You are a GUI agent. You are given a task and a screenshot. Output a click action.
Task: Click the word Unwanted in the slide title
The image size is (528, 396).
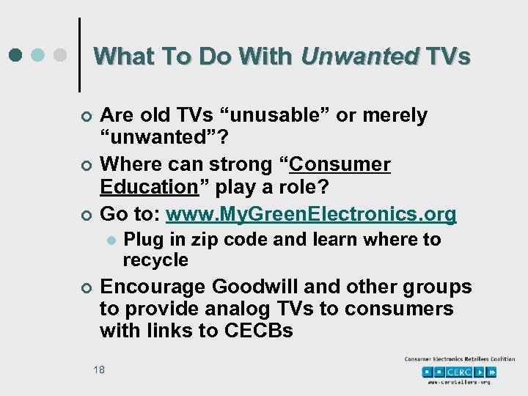pos(359,56)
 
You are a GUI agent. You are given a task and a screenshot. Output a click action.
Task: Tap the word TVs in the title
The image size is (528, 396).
pos(448,56)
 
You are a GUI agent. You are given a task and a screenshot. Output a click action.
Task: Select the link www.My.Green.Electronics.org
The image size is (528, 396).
pos(311,214)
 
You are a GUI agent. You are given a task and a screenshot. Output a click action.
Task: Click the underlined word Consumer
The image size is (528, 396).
pos(340,165)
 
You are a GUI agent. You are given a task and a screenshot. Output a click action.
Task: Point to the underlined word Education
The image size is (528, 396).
pos(149,186)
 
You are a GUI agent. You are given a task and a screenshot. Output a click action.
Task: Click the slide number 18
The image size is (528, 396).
pos(99,370)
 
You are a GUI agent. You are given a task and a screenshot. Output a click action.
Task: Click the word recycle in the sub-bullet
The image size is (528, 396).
pos(155,260)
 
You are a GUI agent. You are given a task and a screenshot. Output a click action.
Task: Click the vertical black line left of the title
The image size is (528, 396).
pos(79,55)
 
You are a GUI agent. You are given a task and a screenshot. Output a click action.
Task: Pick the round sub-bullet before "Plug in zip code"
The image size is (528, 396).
pos(110,241)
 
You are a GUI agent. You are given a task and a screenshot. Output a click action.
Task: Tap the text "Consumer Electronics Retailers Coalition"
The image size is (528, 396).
pos(460,359)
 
